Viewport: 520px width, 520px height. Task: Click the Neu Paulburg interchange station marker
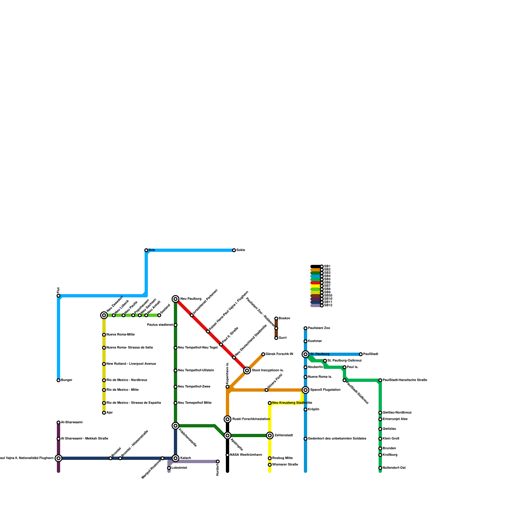pos(175,299)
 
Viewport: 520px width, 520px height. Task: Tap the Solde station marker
pos(234,250)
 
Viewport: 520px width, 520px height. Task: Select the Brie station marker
pos(146,250)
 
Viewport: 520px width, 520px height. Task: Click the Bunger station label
pos(67,380)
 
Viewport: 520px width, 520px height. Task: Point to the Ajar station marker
pos(104,413)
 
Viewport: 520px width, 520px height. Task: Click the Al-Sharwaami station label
pos(72,422)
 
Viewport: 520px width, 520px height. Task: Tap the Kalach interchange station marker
pos(175,458)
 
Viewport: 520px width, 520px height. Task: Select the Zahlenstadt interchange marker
pos(270,435)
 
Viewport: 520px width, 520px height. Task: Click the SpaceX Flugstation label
pos(325,390)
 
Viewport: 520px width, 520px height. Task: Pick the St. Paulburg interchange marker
pos(305,354)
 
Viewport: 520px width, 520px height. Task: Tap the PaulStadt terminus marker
pos(361,354)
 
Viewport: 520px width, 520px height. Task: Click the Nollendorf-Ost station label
pos(394,468)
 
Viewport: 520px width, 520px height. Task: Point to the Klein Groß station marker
pos(380,439)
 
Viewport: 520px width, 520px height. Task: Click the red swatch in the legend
pos(315,283)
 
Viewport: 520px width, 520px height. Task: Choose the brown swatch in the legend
pos(315,296)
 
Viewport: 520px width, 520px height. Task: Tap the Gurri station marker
pos(276,338)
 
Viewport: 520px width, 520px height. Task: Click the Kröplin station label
pos(314,409)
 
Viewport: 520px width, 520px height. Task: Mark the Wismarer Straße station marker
pos(270,465)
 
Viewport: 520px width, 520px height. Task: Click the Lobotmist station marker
pos(169,468)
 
